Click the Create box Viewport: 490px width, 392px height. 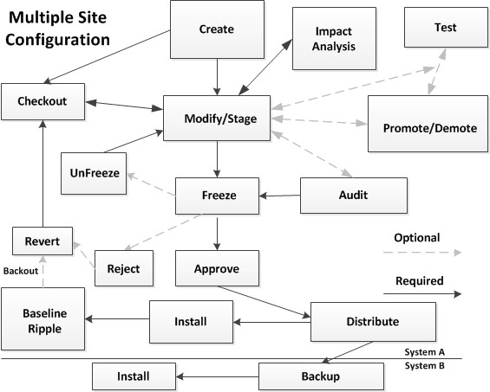point(217,29)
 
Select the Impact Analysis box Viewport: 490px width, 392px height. point(334,38)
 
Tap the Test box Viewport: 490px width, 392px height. point(446,28)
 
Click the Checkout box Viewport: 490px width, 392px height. point(42,101)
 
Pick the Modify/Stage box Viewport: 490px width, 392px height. point(217,118)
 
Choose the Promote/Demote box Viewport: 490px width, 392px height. point(428,124)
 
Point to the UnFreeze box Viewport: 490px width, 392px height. point(94,173)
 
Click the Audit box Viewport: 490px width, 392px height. point(354,196)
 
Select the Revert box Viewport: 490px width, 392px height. point(42,241)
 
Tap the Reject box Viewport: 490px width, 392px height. point(124,268)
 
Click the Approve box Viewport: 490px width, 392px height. point(217,268)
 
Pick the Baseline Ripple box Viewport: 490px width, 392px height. point(42,318)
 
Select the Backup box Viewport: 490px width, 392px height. point(321,376)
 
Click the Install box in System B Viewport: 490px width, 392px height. point(134,376)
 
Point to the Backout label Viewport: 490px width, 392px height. point(21,271)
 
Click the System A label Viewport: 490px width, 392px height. point(424,352)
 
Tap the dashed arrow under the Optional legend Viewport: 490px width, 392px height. point(422,253)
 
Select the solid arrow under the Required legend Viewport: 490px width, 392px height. point(422,293)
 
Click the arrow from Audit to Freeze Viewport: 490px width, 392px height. point(279,196)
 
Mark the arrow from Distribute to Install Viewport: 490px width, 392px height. point(271,322)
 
